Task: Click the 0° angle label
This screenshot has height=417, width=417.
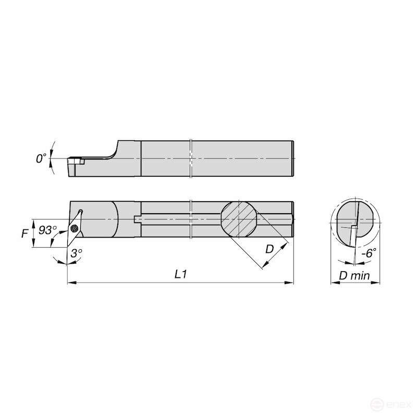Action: tap(41, 158)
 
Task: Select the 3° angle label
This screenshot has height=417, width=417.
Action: tap(76, 253)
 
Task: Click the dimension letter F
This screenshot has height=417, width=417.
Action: tap(24, 234)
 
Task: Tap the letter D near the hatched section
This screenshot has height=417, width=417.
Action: tap(269, 249)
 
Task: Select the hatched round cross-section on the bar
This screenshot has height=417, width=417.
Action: tap(238, 219)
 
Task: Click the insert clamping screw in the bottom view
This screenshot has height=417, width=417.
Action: tap(75, 228)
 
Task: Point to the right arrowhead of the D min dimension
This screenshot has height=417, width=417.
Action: tap(378, 283)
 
